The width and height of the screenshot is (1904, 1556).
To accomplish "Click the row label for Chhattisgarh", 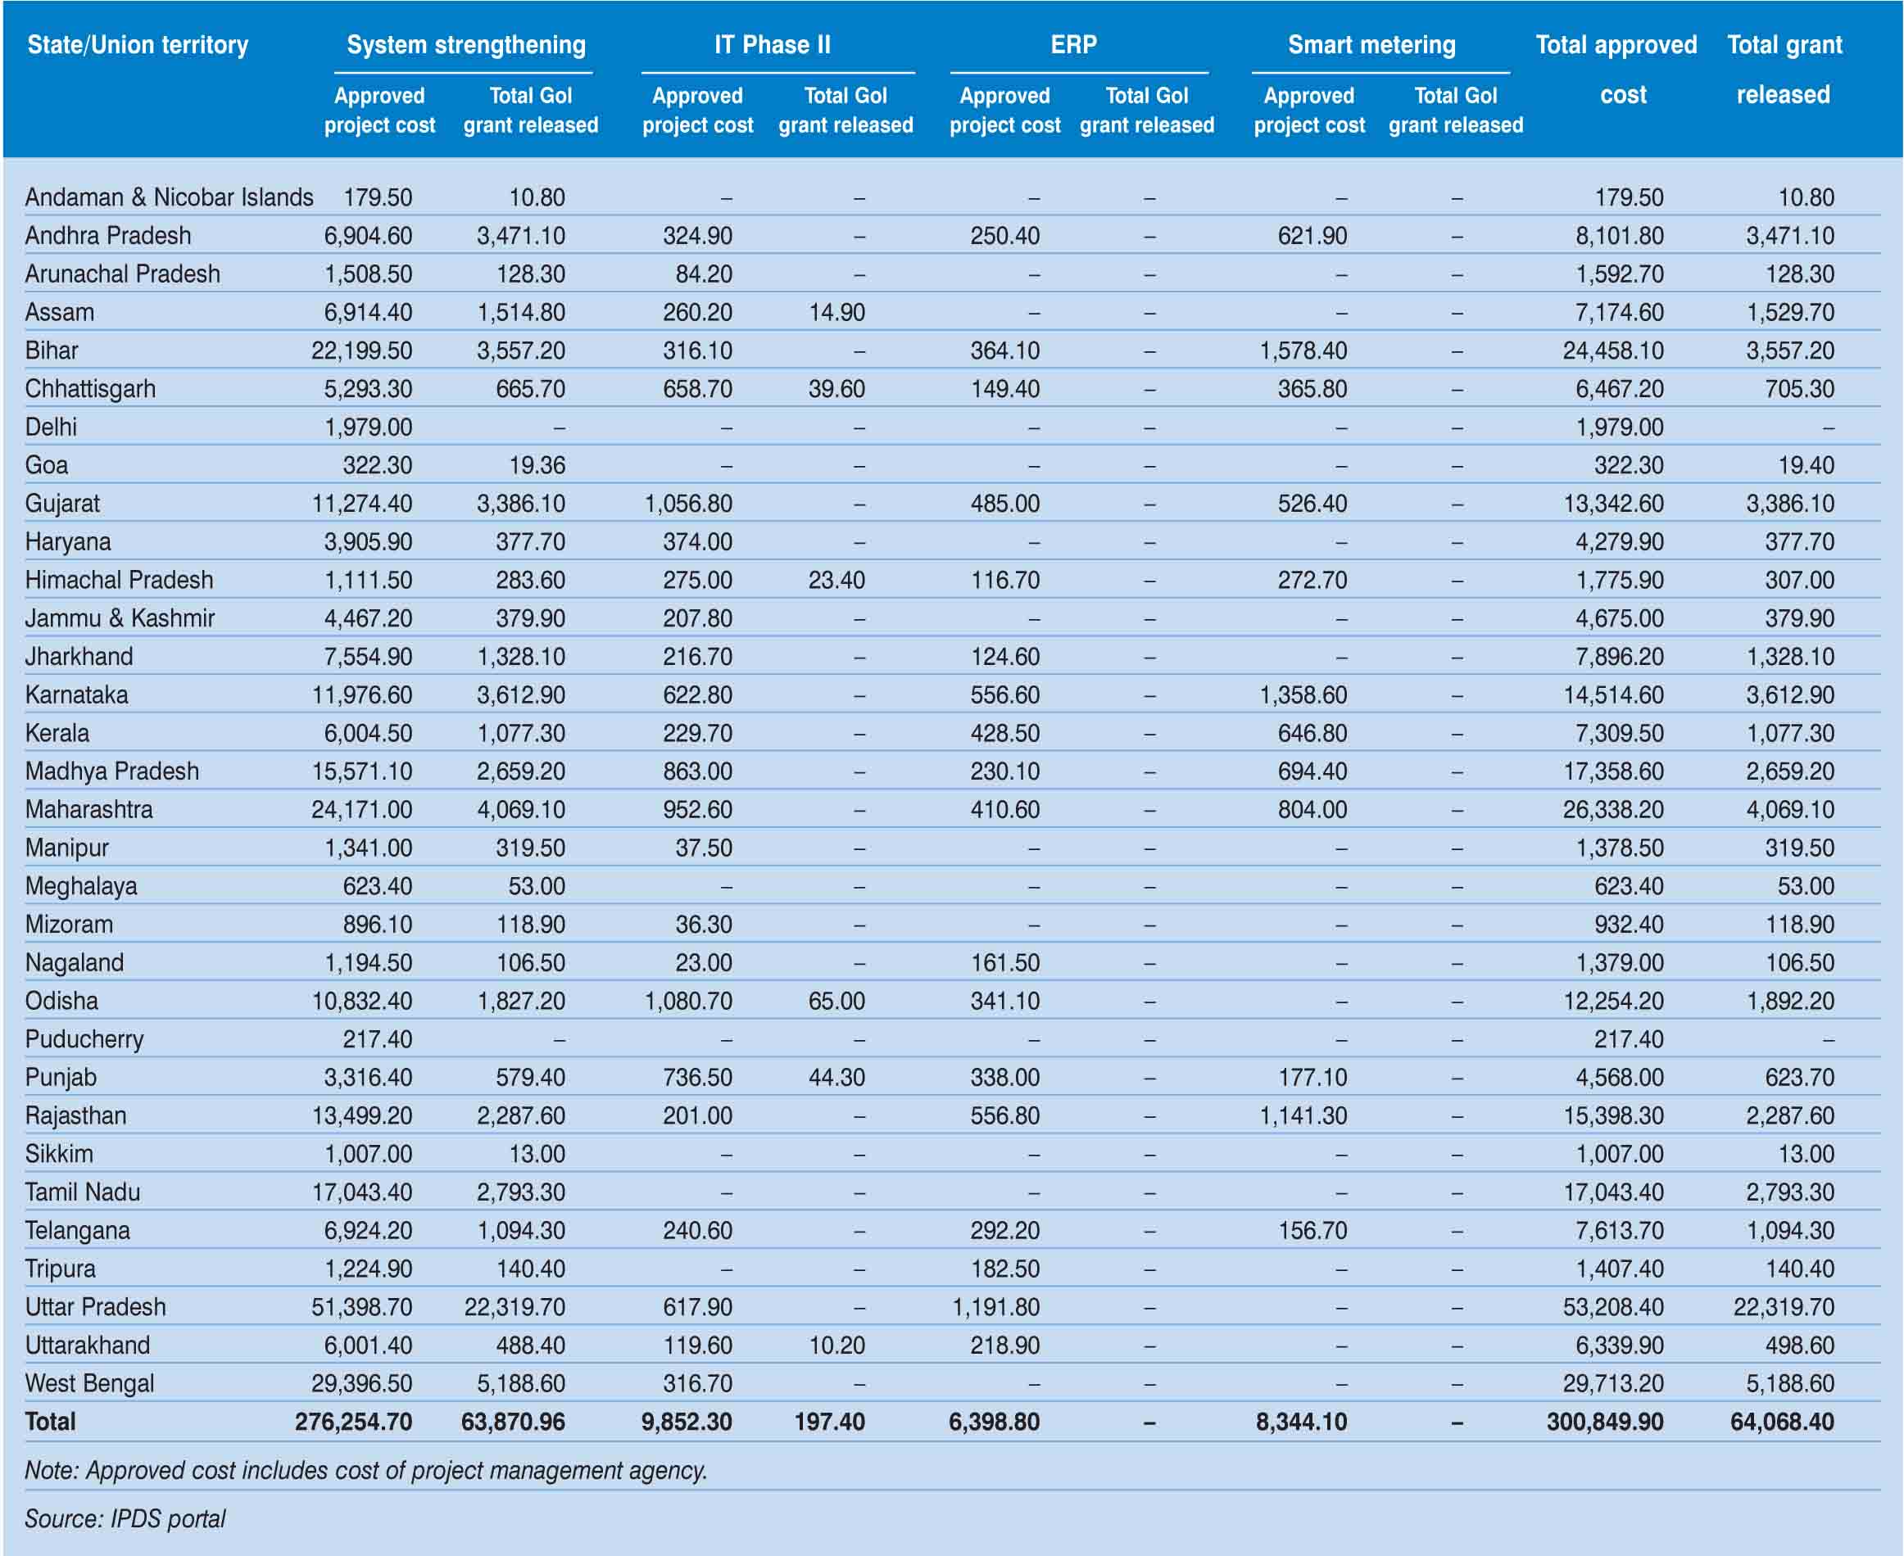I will (91, 389).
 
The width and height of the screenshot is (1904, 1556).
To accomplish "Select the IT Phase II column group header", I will (772, 45).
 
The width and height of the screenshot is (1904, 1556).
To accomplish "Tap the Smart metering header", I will (1371, 45).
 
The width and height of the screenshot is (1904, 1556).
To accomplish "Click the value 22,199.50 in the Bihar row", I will (361, 351).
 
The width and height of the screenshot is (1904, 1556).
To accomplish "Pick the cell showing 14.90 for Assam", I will (836, 313).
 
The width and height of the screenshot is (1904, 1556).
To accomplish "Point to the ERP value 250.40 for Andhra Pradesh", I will (1005, 236).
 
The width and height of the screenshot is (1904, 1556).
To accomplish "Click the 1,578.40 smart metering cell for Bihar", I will (1303, 351).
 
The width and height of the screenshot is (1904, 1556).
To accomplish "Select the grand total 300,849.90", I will (1605, 1422).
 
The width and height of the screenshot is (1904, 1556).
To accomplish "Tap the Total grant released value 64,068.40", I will (1782, 1422).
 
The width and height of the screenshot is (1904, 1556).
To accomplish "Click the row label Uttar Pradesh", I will (96, 1307).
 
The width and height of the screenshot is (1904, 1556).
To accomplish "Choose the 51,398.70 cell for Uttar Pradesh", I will (361, 1307).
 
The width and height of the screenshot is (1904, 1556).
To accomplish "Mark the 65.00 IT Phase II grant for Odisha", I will (836, 1002).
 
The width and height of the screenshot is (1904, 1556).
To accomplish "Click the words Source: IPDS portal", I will (125, 1518).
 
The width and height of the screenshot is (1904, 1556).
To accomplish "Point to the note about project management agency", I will (365, 1470).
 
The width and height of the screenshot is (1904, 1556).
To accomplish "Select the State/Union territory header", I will (138, 45).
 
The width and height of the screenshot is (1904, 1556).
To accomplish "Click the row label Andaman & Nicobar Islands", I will (170, 197).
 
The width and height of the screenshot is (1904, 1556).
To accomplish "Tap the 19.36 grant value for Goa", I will (537, 465).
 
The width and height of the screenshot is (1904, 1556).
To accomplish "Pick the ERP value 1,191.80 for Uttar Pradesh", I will (996, 1307).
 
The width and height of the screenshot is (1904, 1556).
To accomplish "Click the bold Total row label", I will (50, 1422).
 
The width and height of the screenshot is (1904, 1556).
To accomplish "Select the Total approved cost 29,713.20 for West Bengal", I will (1612, 1383).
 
